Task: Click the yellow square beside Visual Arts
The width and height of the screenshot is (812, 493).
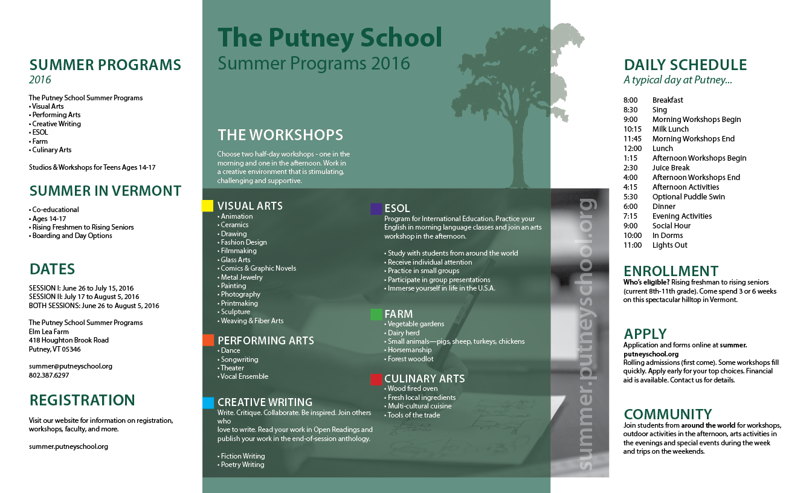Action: pos(207,206)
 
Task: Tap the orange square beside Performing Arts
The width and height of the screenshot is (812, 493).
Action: pos(208,340)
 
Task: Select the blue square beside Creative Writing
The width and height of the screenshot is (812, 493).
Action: pos(208,402)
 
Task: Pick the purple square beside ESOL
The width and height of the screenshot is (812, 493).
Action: pos(376,209)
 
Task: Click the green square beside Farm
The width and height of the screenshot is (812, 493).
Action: pos(376,314)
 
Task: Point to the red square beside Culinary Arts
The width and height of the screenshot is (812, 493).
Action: pos(376,379)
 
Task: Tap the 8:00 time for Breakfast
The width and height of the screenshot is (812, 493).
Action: pos(631,100)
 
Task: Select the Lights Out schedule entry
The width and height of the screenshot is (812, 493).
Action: pos(669,245)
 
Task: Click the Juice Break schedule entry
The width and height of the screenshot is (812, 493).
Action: pos(671,168)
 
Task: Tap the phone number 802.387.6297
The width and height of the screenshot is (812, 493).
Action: pos(49,375)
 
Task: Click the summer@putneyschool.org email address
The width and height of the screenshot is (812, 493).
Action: pos(70,366)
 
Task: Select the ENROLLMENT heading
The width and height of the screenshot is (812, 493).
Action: pos(671,271)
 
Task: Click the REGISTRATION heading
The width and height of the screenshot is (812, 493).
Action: pos(82,401)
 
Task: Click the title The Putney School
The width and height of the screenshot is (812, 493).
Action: pos(330,37)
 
